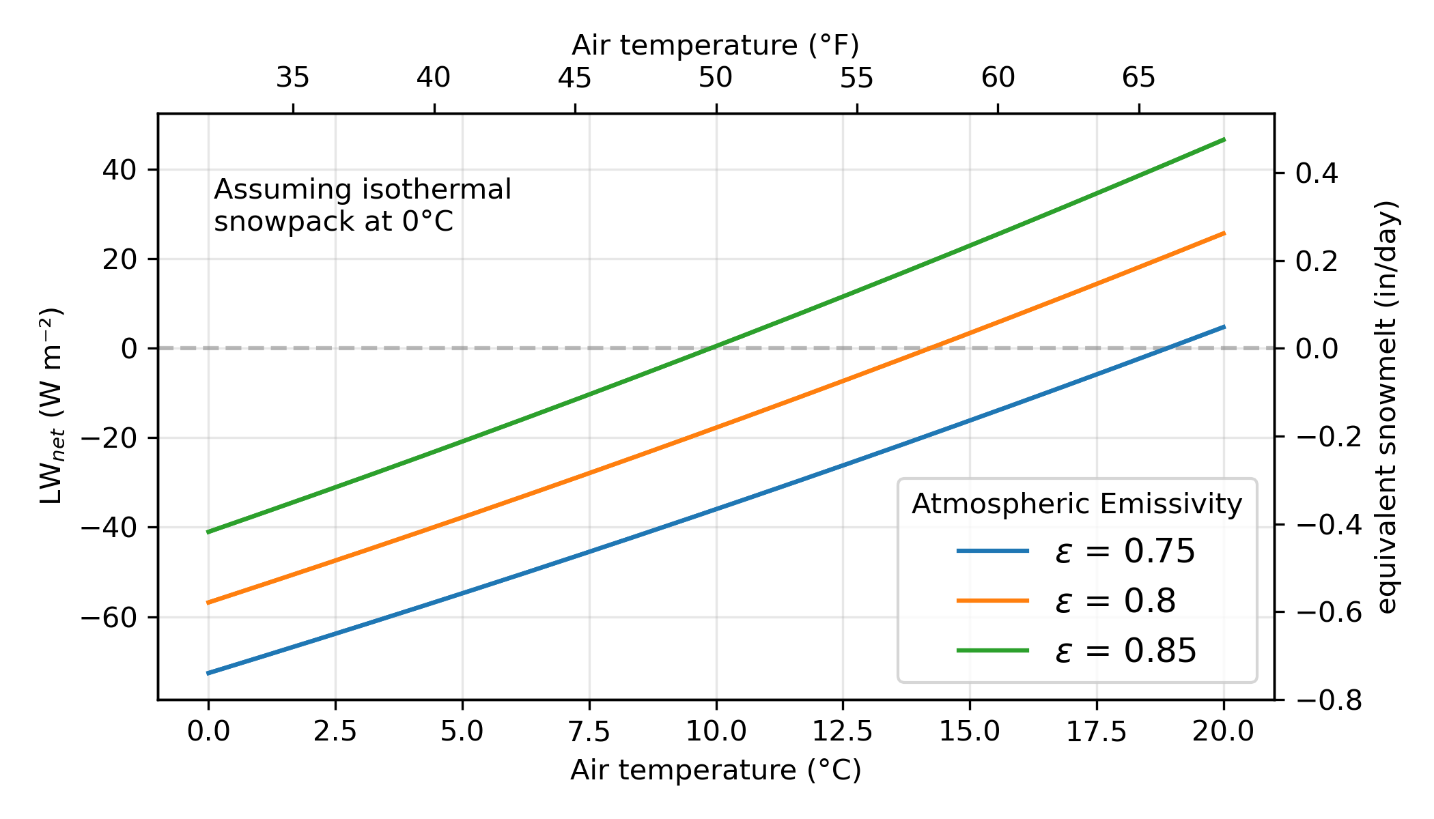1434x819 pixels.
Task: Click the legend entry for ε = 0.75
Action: point(1125,551)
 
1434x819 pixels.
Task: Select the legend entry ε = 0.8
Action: point(1115,601)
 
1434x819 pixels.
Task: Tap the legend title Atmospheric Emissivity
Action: point(1077,504)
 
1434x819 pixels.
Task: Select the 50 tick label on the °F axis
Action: point(716,78)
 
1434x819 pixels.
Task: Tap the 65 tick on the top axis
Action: point(1138,78)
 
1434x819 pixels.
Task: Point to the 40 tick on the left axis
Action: point(119,169)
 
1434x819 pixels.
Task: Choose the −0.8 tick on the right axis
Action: point(1328,700)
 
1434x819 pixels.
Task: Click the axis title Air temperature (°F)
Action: point(716,45)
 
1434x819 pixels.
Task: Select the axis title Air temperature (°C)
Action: point(716,770)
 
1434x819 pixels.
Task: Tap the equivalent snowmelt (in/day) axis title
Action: point(1386,407)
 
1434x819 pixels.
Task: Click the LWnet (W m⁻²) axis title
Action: point(51,407)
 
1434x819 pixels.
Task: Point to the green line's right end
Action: point(1224,139)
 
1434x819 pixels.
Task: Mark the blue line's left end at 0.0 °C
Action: point(208,673)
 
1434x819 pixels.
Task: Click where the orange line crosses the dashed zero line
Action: point(927,348)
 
